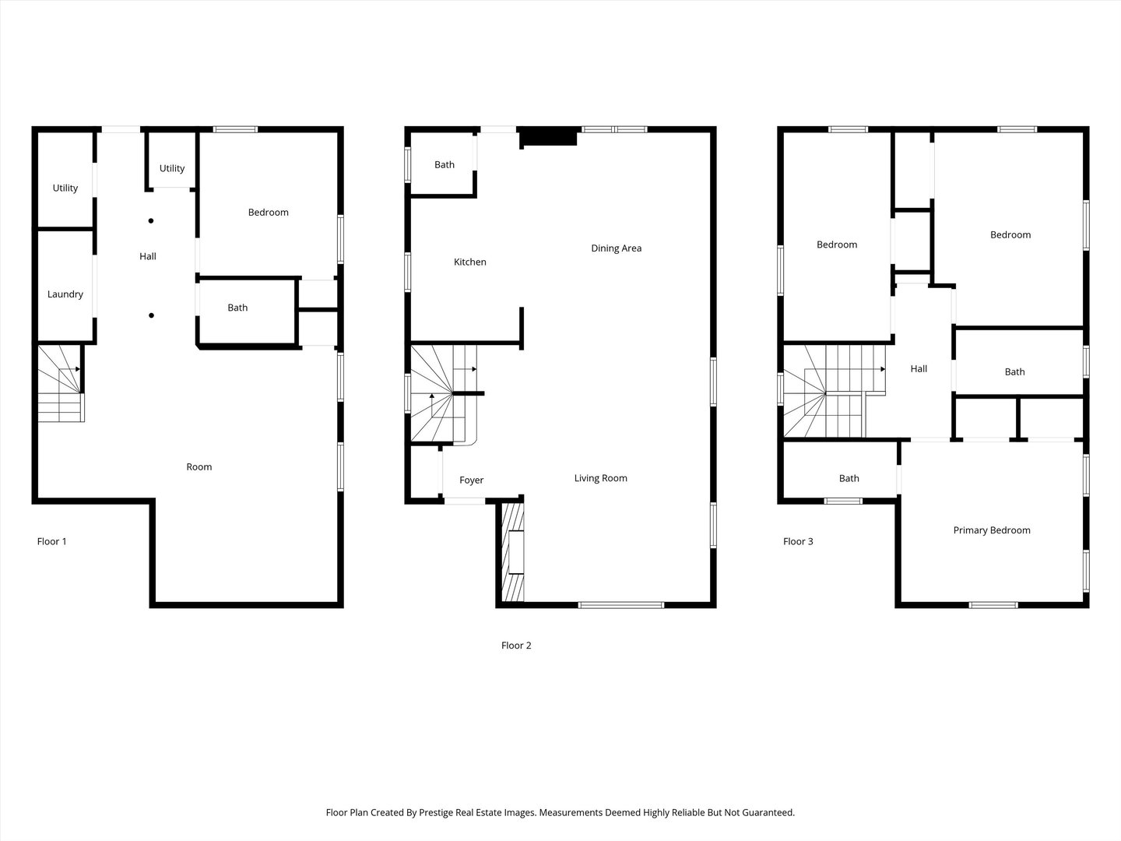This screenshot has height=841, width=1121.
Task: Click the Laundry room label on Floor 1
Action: coord(65,294)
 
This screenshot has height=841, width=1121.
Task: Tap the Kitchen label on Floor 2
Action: coord(470,262)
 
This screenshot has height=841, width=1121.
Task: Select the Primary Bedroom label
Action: coord(991,530)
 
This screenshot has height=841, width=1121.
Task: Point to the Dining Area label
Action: coord(616,248)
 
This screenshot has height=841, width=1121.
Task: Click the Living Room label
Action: coord(600,478)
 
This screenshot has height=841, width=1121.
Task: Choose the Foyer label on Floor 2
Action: coord(471,480)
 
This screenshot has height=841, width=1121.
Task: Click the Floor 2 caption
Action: coord(516,646)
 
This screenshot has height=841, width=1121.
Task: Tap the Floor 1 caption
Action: coord(52,541)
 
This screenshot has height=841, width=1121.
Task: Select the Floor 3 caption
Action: coord(798,541)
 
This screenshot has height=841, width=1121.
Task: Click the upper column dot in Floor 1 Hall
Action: coord(151,220)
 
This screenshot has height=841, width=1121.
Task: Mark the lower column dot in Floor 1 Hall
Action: coord(151,315)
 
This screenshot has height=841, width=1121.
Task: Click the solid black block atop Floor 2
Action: coord(549,137)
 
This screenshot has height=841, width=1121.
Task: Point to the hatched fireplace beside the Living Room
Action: coord(512,552)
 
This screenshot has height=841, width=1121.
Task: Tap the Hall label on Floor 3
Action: coord(919,369)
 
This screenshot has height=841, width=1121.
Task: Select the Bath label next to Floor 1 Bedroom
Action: coord(237,308)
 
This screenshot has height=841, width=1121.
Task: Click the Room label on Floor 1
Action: coord(199,467)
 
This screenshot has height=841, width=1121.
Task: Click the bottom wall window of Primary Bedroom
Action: coord(993,604)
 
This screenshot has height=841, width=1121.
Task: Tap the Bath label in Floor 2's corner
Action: coord(445,164)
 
